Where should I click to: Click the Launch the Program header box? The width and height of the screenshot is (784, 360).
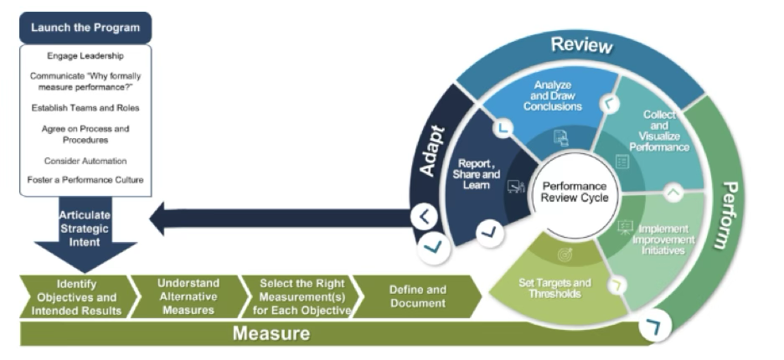85,28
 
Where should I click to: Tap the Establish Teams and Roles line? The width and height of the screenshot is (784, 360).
85,107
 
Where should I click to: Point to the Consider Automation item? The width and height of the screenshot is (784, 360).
85,160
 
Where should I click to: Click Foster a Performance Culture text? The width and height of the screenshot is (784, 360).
85,179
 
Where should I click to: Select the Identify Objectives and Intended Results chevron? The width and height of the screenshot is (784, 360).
76,296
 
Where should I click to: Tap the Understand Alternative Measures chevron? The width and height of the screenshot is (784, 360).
188,296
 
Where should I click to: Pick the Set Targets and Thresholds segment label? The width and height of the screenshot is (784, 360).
554,288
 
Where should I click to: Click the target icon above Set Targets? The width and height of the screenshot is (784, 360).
565,255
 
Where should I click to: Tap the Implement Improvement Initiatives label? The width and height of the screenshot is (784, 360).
662,239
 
